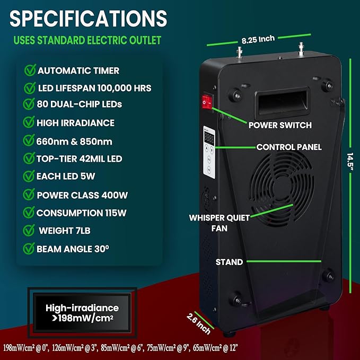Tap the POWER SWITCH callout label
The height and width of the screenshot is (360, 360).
click(280, 126)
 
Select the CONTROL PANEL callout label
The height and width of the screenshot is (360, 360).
click(289, 147)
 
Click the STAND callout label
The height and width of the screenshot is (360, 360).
click(229, 262)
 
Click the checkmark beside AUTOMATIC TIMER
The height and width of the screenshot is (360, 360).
click(29, 71)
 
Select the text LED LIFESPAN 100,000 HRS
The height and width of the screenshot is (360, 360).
click(94, 87)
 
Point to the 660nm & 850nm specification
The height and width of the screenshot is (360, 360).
click(75, 141)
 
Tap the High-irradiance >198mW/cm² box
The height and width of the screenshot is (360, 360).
click(82, 313)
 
